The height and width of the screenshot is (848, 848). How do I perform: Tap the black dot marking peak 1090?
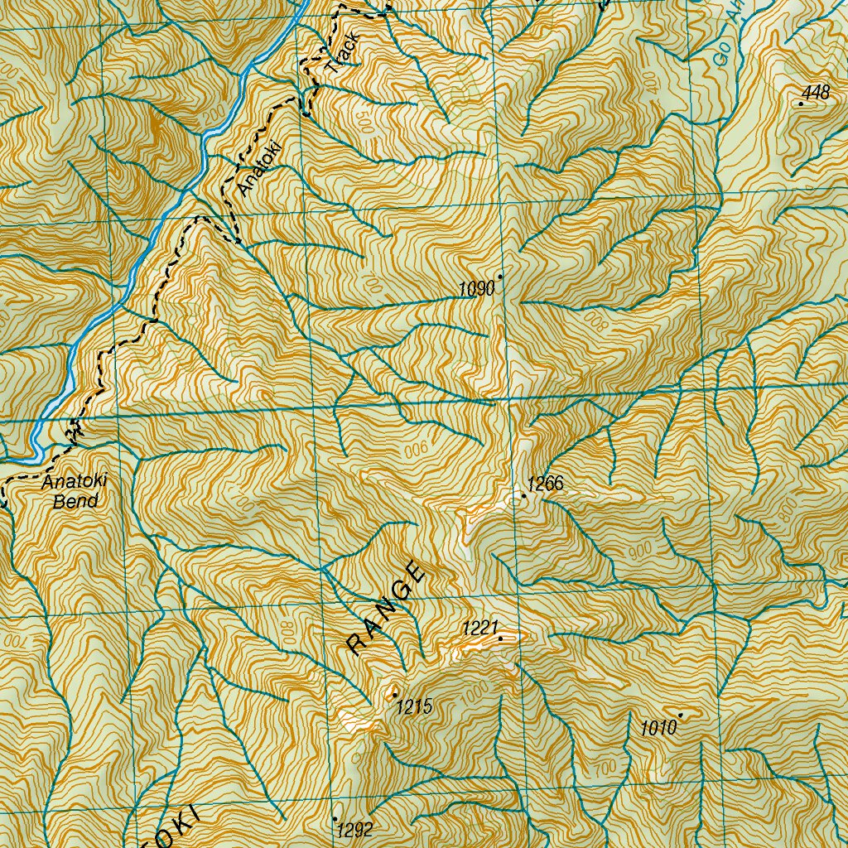[500, 277]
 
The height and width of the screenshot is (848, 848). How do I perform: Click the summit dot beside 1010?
[681, 715]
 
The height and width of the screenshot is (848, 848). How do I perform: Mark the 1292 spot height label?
[355, 830]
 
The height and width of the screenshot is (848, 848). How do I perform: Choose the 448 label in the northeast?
[816, 93]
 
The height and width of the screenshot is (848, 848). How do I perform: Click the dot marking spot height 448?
[801, 104]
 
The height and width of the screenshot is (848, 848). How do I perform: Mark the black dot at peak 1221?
[500, 638]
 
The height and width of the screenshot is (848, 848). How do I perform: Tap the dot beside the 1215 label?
[395, 694]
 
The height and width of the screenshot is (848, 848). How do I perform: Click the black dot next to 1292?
[335, 819]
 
